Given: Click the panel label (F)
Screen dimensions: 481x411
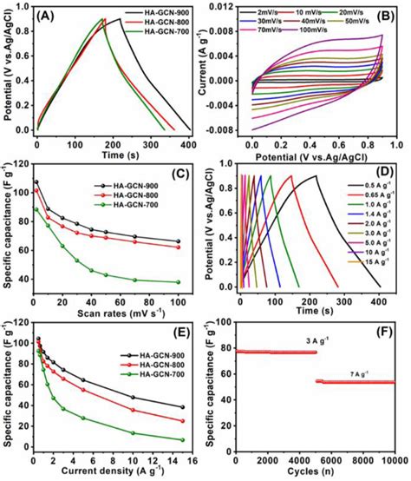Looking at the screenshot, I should coord(384,334).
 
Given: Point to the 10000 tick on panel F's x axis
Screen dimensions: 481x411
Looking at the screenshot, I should coord(392,460).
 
